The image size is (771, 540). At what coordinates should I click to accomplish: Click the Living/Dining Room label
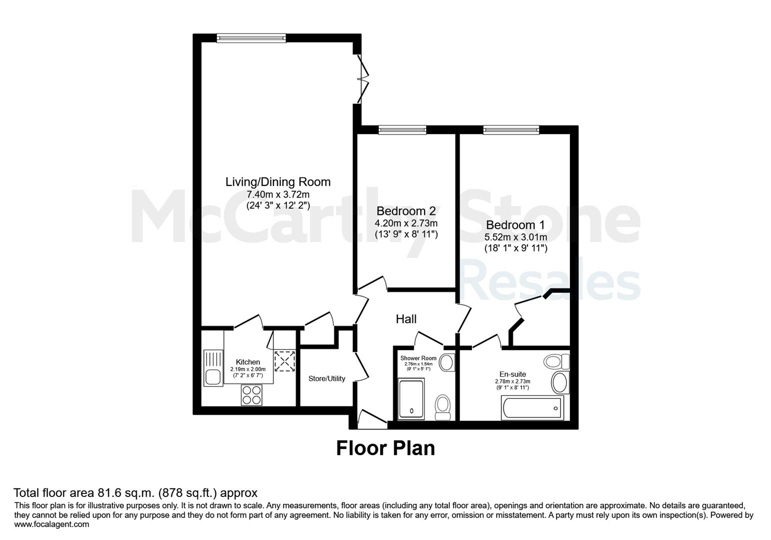(x=278, y=181)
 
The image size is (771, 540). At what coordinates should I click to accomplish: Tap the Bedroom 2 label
(x=406, y=210)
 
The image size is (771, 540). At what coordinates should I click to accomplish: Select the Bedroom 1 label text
(x=515, y=224)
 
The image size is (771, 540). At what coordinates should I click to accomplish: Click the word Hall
(x=406, y=319)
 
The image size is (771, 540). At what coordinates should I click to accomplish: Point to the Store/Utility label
(x=326, y=378)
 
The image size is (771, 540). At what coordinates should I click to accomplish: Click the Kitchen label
(x=248, y=361)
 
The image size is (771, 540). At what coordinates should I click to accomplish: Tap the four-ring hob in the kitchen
(x=252, y=395)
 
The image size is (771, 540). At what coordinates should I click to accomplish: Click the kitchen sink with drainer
(x=213, y=368)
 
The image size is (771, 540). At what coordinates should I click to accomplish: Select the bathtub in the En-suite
(x=532, y=408)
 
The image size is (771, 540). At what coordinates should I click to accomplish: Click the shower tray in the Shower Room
(x=411, y=399)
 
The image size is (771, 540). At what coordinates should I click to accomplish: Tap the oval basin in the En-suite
(x=560, y=382)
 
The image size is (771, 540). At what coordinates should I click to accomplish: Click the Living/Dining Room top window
(x=251, y=38)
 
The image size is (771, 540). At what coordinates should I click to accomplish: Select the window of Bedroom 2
(x=402, y=130)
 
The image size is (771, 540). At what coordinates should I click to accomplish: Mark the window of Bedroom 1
(x=511, y=130)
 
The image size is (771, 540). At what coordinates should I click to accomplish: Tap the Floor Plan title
(x=385, y=448)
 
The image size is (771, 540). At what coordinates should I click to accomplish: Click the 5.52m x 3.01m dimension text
(x=515, y=237)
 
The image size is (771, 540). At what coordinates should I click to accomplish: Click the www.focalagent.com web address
(x=51, y=524)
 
